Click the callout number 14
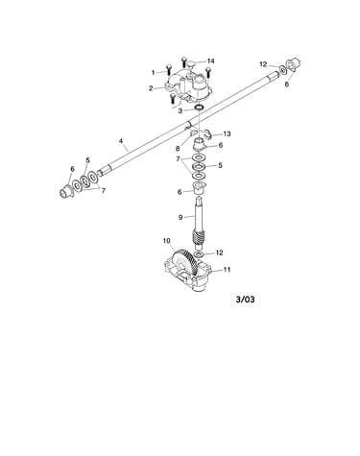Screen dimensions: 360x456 (210, 61)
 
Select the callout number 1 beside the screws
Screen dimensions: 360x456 (153, 73)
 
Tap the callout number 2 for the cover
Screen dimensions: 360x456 (151, 88)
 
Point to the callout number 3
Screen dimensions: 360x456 (180, 111)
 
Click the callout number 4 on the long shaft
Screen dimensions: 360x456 (121, 141)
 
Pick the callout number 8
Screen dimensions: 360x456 (178, 149)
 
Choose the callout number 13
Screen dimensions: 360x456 (227, 133)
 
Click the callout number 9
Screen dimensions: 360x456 (180, 217)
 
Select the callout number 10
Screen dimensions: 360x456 (167, 241)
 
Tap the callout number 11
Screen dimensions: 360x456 (227, 270)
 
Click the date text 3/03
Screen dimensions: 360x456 (246, 300)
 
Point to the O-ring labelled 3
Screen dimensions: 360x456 (199, 108)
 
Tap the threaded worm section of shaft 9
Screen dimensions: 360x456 (197, 238)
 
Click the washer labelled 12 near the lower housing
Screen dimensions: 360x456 (199, 254)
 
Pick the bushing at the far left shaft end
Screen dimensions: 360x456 (66, 190)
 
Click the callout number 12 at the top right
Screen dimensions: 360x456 (263, 64)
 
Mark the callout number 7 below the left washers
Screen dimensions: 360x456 (104, 191)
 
